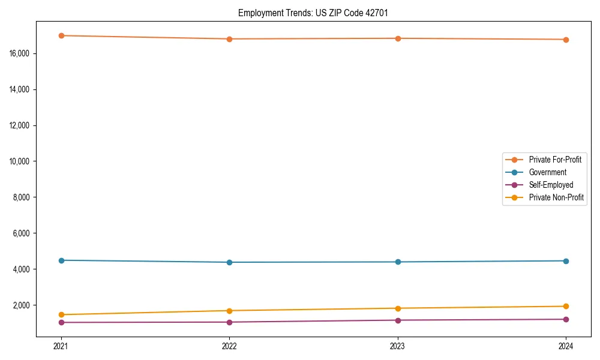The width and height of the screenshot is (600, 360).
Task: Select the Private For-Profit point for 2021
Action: click(61, 35)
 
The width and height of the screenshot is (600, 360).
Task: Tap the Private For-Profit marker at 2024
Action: click(566, 40)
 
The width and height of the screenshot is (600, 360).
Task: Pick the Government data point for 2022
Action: click(229, 262)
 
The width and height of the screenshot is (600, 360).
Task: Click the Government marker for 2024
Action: click(566, 261)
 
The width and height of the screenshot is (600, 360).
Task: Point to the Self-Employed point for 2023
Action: click(398, 320)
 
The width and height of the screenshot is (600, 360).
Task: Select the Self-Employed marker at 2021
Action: click(61, 322)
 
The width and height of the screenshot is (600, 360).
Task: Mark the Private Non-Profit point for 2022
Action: click(229, 311)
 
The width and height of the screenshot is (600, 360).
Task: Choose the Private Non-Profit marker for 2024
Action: click(566, 306)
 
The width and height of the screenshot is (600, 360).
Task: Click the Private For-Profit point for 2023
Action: click(398, 38)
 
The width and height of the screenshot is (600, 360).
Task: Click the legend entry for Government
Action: click(547, 172)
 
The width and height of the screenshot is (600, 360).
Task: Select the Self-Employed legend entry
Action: click(551, 185)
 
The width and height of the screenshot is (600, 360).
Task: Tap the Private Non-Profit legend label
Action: click(556, 197)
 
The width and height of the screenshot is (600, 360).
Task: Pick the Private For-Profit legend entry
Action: click(555, 160)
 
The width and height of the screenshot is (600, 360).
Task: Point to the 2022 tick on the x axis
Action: click(229, 346)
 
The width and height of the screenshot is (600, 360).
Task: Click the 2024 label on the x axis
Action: click(566, 346)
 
